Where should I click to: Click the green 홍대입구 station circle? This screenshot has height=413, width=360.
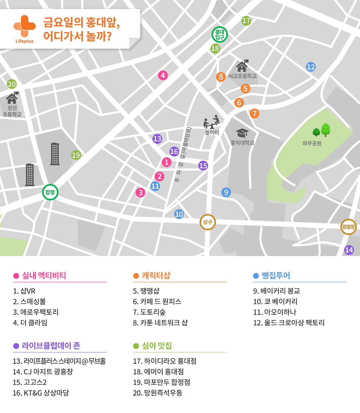tap(219, 34)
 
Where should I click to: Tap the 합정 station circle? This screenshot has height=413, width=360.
tap(50, 192)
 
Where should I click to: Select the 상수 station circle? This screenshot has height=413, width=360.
tap(208, 222)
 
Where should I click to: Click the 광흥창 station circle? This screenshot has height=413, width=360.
tap(348, 227)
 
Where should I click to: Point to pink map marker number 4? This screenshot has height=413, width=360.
tap(163, 75)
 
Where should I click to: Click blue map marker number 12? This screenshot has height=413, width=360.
tap(311, 67)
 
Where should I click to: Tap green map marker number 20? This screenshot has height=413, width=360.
tap(12, 84)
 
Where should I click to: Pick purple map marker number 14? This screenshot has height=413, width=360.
tap(349, 250)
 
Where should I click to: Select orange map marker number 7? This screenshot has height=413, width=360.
tap(255, 113)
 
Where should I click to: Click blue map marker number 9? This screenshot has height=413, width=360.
tap(226, 192)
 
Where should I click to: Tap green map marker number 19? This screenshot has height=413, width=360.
tap(76, 155)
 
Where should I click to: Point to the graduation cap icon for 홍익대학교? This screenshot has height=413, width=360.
tap(242, 133)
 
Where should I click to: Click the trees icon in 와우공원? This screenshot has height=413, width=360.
tap(322, 130)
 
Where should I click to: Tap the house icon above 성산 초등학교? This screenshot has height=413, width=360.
tap(12, 98)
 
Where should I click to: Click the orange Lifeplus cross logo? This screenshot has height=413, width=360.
tap(24, 26)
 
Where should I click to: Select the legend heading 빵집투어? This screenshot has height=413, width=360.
tap(276, 275)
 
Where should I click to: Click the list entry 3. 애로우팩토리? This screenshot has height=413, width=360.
tap(36, 312)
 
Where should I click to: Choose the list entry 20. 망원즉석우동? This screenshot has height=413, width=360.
tap(157, 393)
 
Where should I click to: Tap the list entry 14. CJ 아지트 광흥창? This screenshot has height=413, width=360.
tap(43, 372)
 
